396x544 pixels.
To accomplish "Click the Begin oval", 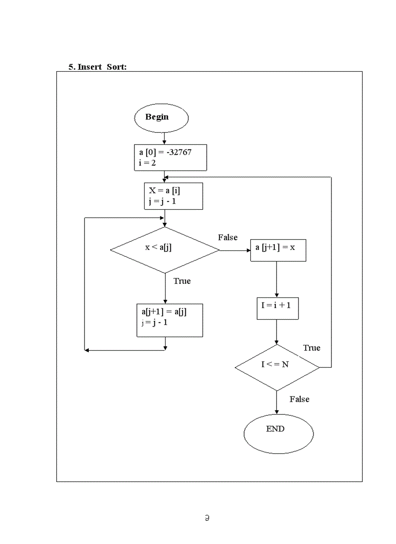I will point(161,118).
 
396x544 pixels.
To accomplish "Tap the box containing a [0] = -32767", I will point(170,157).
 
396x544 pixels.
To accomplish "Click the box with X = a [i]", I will point(173,196).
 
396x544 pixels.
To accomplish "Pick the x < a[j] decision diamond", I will point(165,250).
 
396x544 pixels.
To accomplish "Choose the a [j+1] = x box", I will point(278,250).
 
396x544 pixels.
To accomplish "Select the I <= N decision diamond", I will point(277,368).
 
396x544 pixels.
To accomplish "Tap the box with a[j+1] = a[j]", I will point(169,320).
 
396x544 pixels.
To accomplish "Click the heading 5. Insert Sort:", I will point(98,67).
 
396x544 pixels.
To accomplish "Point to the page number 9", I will point(207,518).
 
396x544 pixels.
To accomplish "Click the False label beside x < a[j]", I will point(228,237).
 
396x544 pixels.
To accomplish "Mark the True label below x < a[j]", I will point(182,281).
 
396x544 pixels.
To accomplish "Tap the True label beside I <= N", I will point(312,348).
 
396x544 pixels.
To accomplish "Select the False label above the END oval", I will point(299,399).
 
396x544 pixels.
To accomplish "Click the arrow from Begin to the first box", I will point(165,139).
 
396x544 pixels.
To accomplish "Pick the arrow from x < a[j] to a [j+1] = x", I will point(235,250).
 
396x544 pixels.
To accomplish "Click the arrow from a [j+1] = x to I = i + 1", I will point(277,280).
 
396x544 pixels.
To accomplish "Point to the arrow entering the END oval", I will point(277,403).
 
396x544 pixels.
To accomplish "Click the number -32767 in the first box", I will point(179,152).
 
